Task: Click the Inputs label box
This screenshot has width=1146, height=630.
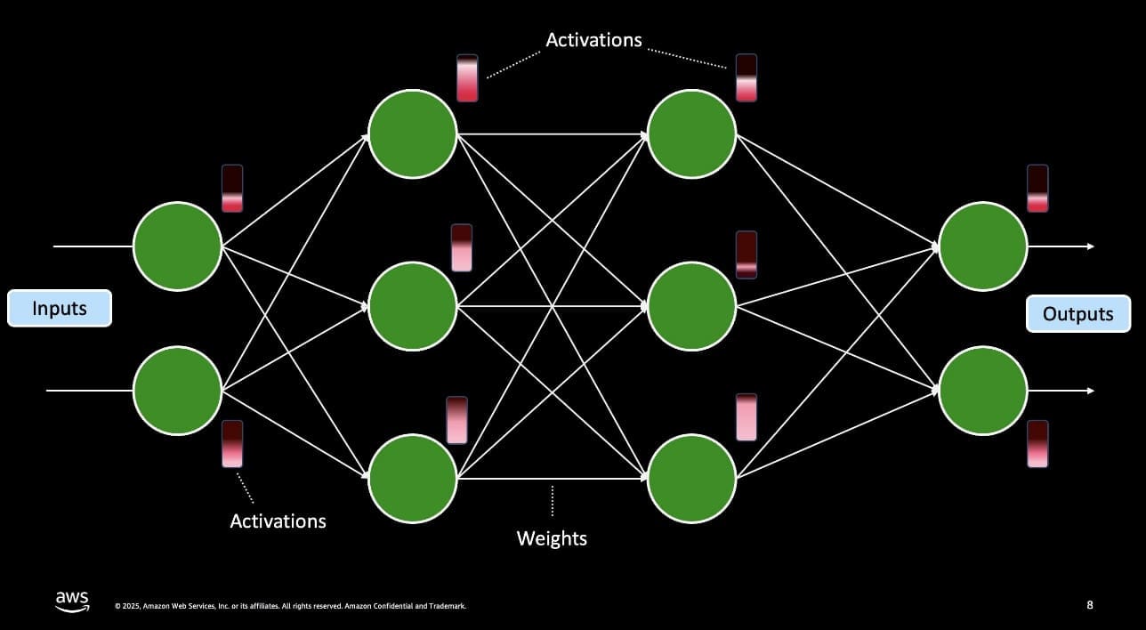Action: [60, 309]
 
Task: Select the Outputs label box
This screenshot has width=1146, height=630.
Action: [1077, 314]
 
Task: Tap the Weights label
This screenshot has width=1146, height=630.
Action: [552, 538]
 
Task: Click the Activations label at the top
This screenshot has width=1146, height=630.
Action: [593, 40]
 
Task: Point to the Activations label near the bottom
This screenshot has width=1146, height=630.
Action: [278, 521]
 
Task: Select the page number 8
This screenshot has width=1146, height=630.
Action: [1090, 605]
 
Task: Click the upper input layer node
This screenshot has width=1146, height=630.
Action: [177, 246]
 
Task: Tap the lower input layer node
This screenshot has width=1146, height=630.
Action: [177, 391]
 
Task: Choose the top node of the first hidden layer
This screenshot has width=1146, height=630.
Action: [413, 134]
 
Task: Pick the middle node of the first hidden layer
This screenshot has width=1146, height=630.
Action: [413, 306]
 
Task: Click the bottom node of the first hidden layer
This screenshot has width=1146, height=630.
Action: [413, 478]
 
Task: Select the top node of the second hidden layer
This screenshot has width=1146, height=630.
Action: [692, 134]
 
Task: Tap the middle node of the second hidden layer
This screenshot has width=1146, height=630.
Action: [692, 306]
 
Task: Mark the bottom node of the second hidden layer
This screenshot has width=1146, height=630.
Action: [692, 478]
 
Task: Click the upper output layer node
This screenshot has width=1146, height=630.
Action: [983, 246]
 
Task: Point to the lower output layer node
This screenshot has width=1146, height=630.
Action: [983, 391]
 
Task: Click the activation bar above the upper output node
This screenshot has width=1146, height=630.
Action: [1037, 189]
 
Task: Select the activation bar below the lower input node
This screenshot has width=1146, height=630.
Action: [232, 444]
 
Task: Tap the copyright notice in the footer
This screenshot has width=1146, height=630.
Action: [290, 607]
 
